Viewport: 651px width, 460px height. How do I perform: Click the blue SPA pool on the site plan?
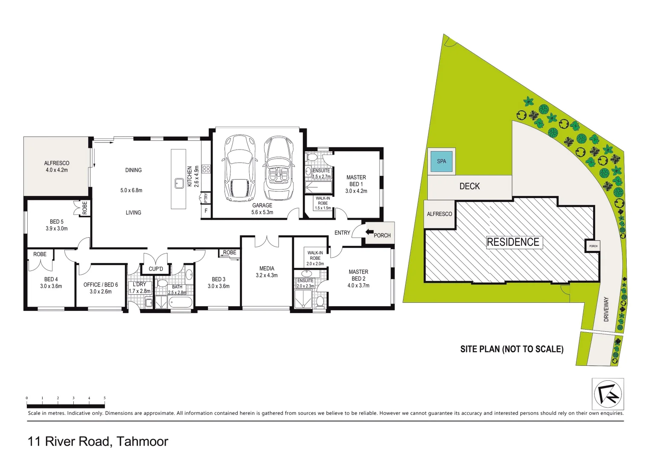point(441,161)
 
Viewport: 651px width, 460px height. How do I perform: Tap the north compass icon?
point(608,394)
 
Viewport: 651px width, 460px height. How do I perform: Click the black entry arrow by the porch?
point(369,232)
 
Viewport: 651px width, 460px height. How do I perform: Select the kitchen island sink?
point(179,184)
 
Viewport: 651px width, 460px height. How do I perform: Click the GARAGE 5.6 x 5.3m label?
point(262,209)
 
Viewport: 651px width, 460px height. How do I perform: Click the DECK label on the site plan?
point(470,187)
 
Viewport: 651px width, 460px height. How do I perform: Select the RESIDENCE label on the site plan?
point(513,242)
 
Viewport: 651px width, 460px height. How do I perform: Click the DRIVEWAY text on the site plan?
point(606,309)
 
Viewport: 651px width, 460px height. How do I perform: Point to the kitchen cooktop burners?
point(207,169)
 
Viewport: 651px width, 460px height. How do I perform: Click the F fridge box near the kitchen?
point(206,211)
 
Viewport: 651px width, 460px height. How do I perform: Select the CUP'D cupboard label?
point(156,269)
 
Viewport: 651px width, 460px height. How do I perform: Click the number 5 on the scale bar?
point(105,398)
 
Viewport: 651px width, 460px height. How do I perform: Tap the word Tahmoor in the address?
point(142,441)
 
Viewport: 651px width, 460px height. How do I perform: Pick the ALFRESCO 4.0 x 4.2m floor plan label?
point(57,166)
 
